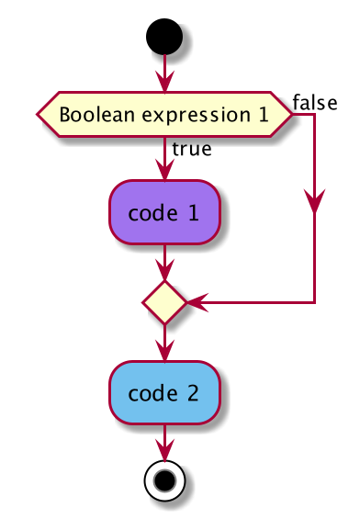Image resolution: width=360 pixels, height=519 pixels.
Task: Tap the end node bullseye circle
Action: [164, 480]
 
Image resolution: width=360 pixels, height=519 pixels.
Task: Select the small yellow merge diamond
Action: [164, 302]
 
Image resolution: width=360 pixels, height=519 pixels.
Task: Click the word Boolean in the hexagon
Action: [91, 115]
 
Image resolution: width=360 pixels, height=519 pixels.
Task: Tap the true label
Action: [191, 149]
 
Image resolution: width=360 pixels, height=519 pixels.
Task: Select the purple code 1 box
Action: [164, 213]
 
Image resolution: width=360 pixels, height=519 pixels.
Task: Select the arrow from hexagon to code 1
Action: [164, 161]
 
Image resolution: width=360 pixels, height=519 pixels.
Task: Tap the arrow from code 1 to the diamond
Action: [164, 263]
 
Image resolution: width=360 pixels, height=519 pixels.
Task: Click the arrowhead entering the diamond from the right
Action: [196, 302]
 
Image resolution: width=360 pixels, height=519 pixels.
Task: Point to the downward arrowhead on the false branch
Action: [315, 206]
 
